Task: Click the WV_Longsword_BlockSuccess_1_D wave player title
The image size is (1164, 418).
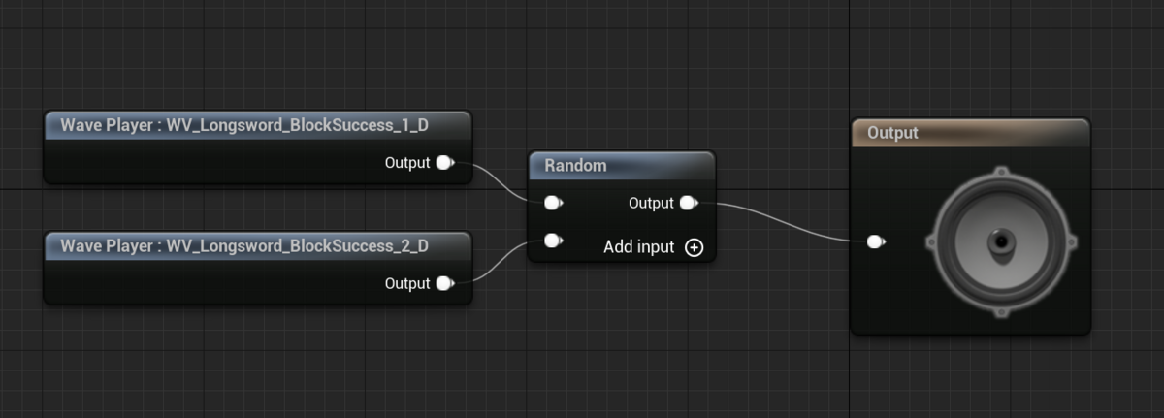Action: coord(244,125)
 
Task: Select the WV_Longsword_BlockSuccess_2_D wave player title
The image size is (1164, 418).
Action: coord(244,246)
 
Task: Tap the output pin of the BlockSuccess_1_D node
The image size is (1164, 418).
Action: coord(444,163)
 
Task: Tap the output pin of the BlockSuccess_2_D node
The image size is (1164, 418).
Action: coord(444,283)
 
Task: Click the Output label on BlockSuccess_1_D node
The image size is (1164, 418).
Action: coord(407,163)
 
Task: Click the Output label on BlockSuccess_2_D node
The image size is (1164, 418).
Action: coord(407,283)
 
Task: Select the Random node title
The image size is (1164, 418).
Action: coord(576,166)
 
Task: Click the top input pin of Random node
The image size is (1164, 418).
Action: coord(552,204)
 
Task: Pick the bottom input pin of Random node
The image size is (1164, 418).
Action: coord(552,241)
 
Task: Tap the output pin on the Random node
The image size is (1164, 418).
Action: coord(688,204)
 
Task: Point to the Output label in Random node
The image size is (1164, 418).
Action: coord(651,204)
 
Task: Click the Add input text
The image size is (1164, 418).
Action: coord(638,247)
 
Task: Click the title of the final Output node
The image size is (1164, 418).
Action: coord(893,133)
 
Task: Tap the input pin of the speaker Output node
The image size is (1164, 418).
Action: coord(875,241)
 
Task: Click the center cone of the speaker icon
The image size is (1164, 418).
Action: coord(1000,241)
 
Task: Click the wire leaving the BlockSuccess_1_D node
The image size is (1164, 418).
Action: coord(495,179)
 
